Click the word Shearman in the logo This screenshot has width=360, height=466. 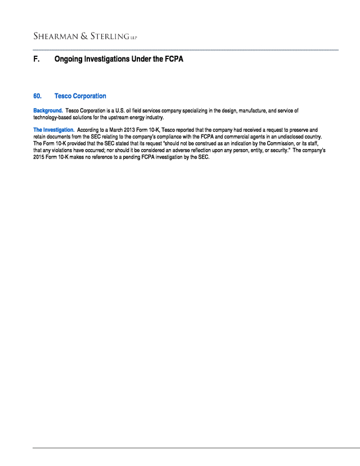pyautogui.click(x=53, y=37)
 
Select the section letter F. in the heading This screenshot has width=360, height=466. pyautogui.click(x=37, y=59)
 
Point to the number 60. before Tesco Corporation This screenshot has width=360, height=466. pyautogui.click(x=38, y=96)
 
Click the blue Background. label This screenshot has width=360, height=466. pyautogui.click(x=48, y=111)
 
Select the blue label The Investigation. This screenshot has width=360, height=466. pyautogui.click(x=54, y=130)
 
